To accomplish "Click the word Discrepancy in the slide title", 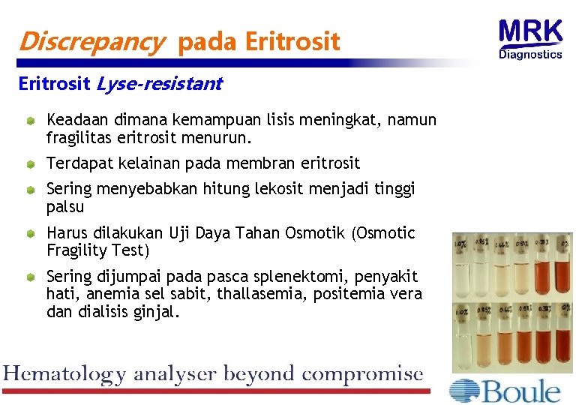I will pyautogui.click(x=90, y=42).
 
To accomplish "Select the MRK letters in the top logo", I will pyautogui.click(x=530, y=32).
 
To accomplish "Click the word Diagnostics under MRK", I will pyautogui.click(x=530, y=54).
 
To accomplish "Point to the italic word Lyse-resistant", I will pyautogui.click(x=159, y=84).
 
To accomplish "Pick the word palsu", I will pyautogui.click(x=65, y=206).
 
